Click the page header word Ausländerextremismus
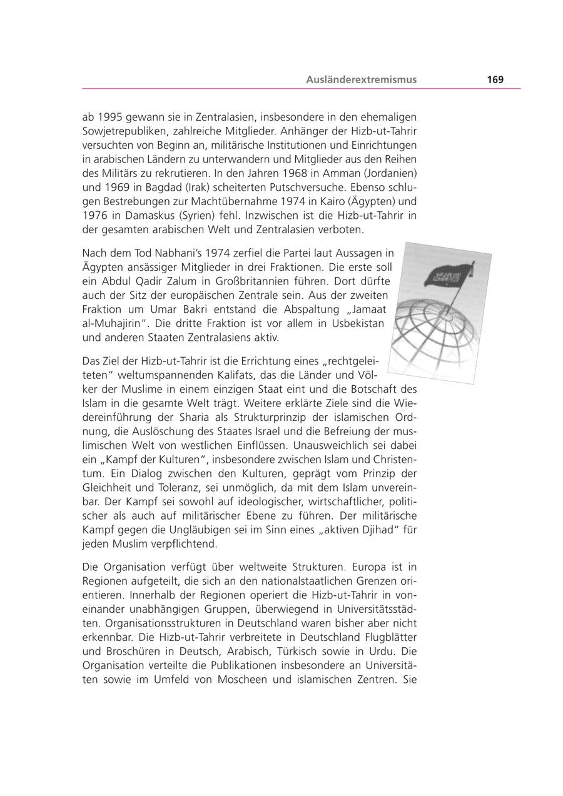(361, 80)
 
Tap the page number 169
(495, 80)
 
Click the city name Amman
(335, 173)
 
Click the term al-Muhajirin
(111, 323)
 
